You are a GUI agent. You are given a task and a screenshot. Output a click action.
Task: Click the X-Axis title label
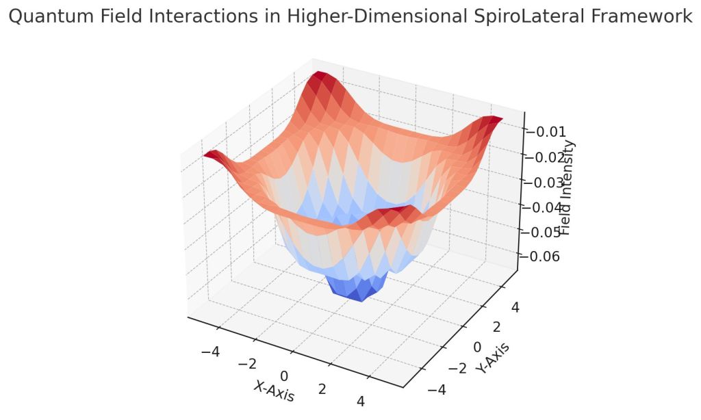(x=275, y=391)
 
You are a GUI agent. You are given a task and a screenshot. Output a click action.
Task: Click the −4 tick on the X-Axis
(x=209, y=352)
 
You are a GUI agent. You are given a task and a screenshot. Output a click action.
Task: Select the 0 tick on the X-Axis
(x=284, y=376)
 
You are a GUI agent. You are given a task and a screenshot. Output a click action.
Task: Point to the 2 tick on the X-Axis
(x=322, y=389)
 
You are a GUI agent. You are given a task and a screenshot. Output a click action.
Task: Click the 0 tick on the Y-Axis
(x=477, y=347)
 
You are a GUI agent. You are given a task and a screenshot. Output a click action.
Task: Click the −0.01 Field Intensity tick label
(x=546, y=132)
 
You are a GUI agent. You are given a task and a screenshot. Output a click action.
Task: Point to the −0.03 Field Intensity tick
(x=546, y=183)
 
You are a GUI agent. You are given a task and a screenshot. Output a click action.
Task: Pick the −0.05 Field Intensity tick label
(x=546, y=232)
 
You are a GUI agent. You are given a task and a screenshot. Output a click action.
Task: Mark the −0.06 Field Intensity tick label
(x=546, y=257)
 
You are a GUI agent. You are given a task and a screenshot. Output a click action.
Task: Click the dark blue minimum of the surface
(x=355, y=291)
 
